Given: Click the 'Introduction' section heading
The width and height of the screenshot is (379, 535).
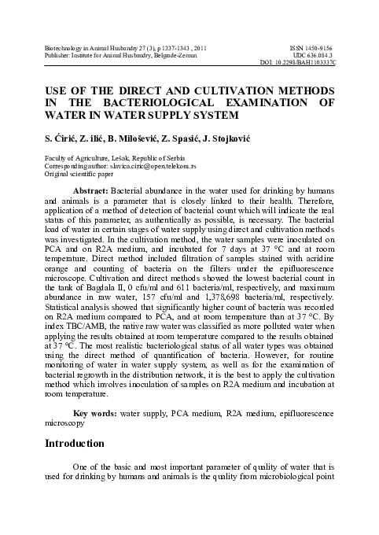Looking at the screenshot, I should click(x=75, y=445).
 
